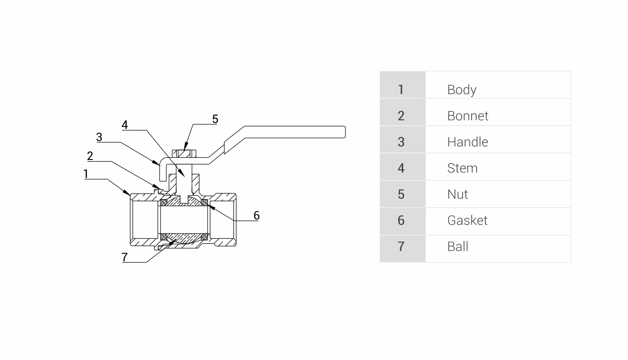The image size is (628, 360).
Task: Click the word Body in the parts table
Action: click(461, 90)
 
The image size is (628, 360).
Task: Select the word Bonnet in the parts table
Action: click(468, 116)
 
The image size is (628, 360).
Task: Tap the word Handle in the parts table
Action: click(467, 142)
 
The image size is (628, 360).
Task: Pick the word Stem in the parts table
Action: click(462, 168)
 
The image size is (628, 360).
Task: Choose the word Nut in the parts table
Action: click(457, 194)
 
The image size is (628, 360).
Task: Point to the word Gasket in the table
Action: click(467, 220)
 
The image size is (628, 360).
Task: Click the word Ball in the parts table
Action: click(458, 246)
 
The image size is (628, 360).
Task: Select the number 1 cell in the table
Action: click(401, 90)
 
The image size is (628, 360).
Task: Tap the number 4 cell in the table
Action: click(401, 168)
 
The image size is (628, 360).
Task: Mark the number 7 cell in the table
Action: click(401, 246)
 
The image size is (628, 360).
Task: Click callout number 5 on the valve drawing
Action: click(215, 119)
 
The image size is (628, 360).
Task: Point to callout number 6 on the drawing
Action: click(256, 215)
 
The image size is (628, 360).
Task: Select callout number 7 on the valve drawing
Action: click(125, 257)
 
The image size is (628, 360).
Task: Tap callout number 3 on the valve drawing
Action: click(99, 137)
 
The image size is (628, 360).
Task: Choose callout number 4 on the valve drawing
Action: click(125, 125)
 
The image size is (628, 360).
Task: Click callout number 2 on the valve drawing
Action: click(90, 156)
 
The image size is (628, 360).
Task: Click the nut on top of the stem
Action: click(184, 153)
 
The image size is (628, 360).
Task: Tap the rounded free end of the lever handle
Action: click(342, 132)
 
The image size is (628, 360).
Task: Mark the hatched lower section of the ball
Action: click(184, 237)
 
